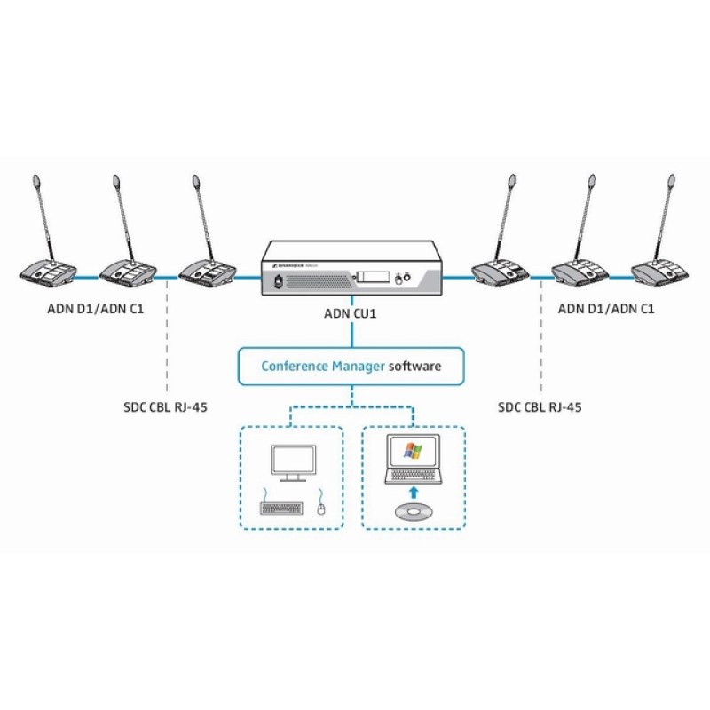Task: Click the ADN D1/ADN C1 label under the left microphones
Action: [96, 309]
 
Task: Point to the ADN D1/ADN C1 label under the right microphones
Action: [606, 309]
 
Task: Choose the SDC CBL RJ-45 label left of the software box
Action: [168, 407]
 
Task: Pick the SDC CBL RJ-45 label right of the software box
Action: [541, 407]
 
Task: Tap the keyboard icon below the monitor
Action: [280, 508]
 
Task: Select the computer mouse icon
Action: [320, 508]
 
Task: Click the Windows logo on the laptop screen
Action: [413, 451]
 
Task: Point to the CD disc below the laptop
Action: [414, 512]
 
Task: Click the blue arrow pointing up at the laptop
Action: [413, 490]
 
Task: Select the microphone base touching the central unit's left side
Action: [207, 272]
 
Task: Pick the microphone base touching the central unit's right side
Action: [500, 272]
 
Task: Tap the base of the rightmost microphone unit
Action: [659, 272]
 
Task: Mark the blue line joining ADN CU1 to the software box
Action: [352, 333]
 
